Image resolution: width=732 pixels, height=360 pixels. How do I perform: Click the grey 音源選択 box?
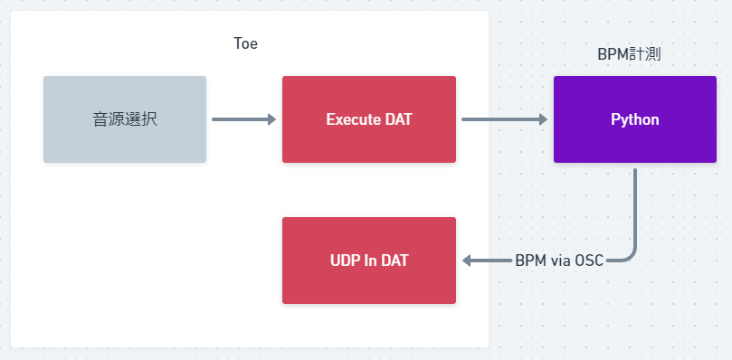click(125, 119)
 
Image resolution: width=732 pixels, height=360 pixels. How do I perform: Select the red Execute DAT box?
click(369, 119)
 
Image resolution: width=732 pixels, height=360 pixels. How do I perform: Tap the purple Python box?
click(635, 119)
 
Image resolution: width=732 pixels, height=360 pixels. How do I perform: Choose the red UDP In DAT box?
click(369, 261)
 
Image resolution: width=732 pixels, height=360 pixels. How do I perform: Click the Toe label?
click(245, 44)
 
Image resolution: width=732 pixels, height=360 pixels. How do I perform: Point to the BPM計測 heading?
click(629, 54)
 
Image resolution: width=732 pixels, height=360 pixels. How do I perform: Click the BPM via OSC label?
click(559, 261)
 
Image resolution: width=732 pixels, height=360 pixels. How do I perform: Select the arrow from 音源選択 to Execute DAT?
click(243, 119)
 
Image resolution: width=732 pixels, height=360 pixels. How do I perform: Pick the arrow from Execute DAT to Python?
click(504, 119)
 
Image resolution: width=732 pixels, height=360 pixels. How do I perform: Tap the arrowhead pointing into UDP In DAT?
click(466, 261)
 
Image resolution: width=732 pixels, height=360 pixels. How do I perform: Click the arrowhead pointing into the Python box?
click(544, 119)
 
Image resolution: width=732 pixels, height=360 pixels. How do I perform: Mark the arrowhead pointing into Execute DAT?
click(271, 119)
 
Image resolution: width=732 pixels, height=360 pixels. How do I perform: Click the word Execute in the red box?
click(353, 119)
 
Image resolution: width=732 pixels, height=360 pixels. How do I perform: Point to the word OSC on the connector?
click(590, 261)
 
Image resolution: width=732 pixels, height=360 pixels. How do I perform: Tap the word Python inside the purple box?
click(635, 120)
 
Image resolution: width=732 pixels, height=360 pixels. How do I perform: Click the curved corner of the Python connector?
click(632, 256)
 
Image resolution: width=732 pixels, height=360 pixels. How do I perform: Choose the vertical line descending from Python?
click(635, 209)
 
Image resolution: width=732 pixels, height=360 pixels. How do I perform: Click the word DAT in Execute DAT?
click(398, 119)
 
